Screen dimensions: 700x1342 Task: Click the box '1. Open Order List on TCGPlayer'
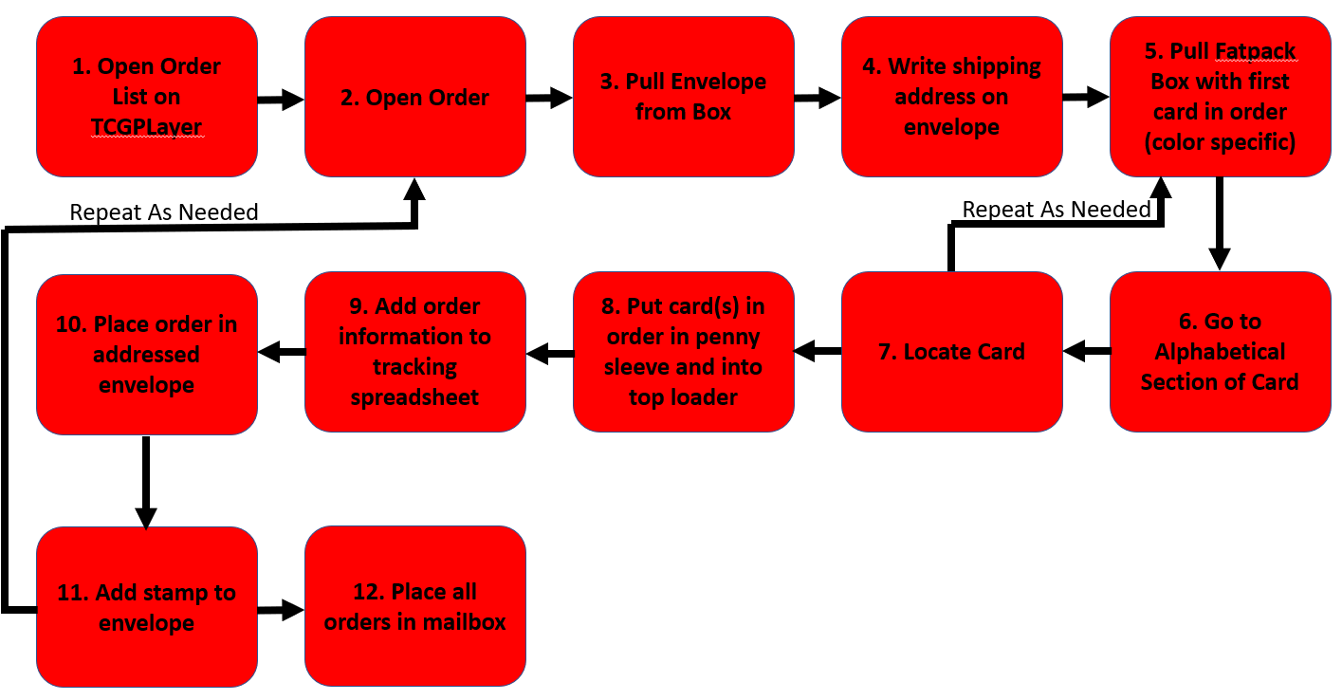tap(147, 97)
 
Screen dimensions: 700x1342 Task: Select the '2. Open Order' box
tap(414, 97)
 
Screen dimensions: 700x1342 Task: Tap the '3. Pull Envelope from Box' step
tap(683, 97)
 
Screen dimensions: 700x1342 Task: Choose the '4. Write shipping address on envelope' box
tap(951, 97)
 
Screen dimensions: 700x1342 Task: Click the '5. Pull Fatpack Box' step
tap(1220, 97)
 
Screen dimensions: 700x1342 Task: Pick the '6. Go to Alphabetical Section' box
tap(1220, 352)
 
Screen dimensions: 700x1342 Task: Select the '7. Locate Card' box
tap(951, 352)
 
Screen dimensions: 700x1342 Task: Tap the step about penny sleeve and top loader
tap(683, 352)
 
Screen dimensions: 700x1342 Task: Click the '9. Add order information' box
tap(414, 352)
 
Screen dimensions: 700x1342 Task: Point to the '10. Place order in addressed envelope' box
tap(147, 354)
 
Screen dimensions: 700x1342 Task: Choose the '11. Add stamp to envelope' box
tap(147, 607)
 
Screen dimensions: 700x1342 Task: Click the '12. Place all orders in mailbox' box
tap(414, 607)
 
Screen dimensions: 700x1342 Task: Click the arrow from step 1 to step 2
tap(281, 99)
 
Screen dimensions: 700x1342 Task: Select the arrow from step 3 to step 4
tap(818, 97)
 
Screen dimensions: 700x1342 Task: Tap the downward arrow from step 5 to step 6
tap(1219, 224)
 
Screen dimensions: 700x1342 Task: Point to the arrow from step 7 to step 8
tap(818, 353)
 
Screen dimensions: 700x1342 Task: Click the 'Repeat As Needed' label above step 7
tap(1056, 210)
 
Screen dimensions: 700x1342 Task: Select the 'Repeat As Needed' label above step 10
tap(164, 212)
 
